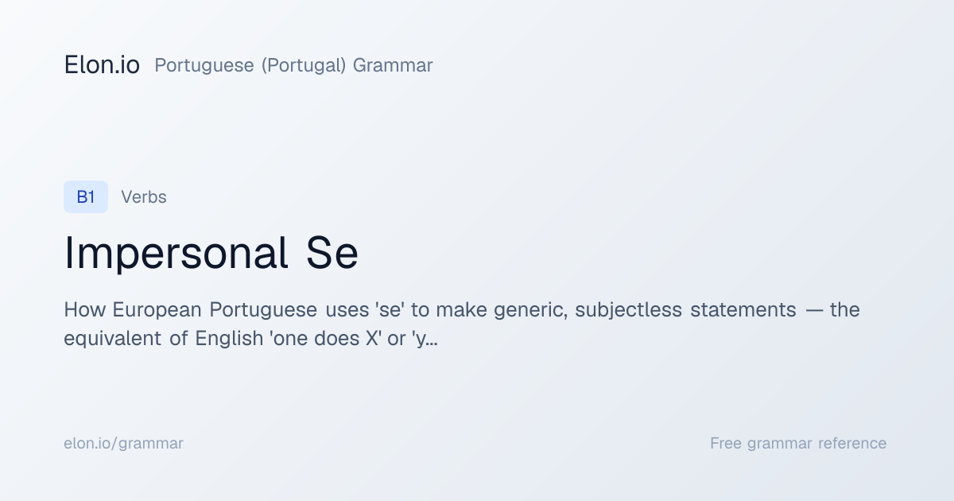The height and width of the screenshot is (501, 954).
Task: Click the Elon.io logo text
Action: point(102,65)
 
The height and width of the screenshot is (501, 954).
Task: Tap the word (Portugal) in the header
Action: point(304,65)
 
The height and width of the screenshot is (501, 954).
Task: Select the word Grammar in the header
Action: point(393,65)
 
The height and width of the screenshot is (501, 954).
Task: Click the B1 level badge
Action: point(86,197)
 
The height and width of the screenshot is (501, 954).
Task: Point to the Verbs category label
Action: point(144,197)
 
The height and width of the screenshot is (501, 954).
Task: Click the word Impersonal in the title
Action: point(176,253)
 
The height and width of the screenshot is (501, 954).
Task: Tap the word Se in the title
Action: point(332,253)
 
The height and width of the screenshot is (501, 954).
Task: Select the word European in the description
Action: point(157,310)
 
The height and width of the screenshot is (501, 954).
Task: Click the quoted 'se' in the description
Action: point(390,309)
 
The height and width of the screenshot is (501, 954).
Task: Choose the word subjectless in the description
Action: point(628,310)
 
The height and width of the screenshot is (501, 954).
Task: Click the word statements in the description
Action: point(743,309)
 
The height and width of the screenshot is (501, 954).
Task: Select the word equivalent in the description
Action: point(112,339)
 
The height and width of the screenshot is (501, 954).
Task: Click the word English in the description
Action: point(229,339)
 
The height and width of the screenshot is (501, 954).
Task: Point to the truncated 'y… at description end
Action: point(425,339)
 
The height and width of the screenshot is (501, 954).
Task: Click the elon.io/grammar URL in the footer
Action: point(123,444)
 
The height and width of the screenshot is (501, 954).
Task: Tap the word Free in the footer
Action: point(726,443)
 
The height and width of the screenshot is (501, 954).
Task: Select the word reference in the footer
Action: point(852,443)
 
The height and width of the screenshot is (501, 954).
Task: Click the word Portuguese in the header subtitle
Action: point(204,65)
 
